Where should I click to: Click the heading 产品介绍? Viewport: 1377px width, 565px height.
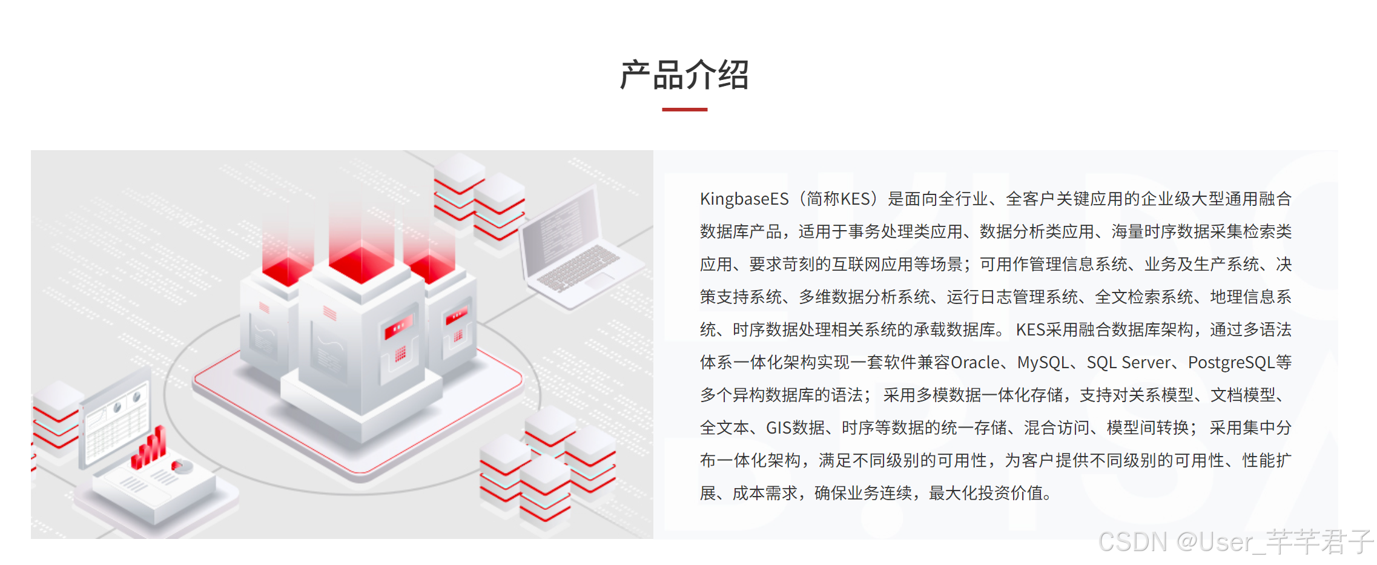tap(684, 75)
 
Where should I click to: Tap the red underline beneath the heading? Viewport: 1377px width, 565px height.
tap(684, 110)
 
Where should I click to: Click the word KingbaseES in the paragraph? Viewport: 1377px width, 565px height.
tap(744, 199)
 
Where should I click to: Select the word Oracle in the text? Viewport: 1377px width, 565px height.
tap(976, 362)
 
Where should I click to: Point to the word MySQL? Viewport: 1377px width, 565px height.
tap(1043, 362)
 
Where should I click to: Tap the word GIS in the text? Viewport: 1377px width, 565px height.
tap(779, 428)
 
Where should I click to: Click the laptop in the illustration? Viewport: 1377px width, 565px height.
tap(575, 248)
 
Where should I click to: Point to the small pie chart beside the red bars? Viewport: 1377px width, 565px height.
tap(182, 466)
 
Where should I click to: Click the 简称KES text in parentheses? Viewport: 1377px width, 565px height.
tap(838, 199)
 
